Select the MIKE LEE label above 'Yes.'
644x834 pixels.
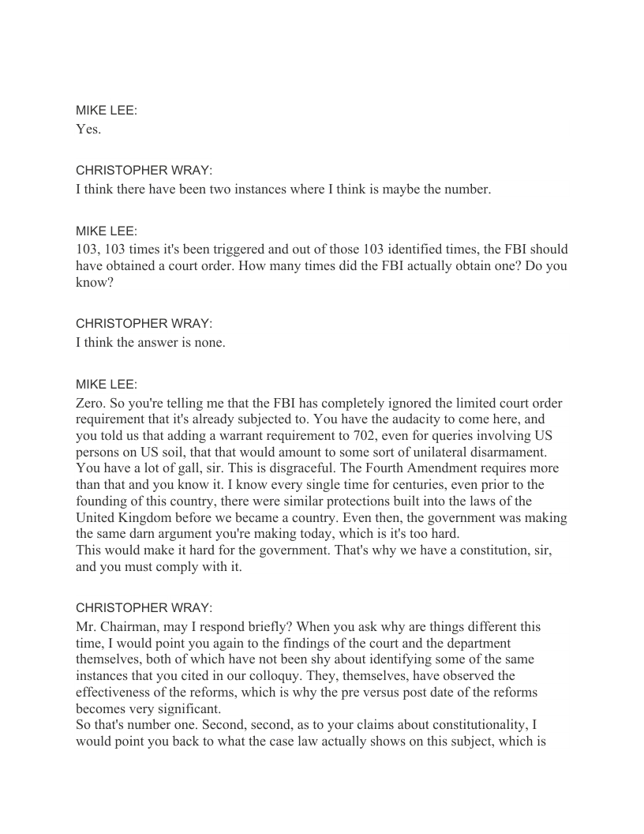[107, 111]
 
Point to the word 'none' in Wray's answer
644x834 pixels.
[208, 342]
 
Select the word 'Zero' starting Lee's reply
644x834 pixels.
[91, 403]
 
